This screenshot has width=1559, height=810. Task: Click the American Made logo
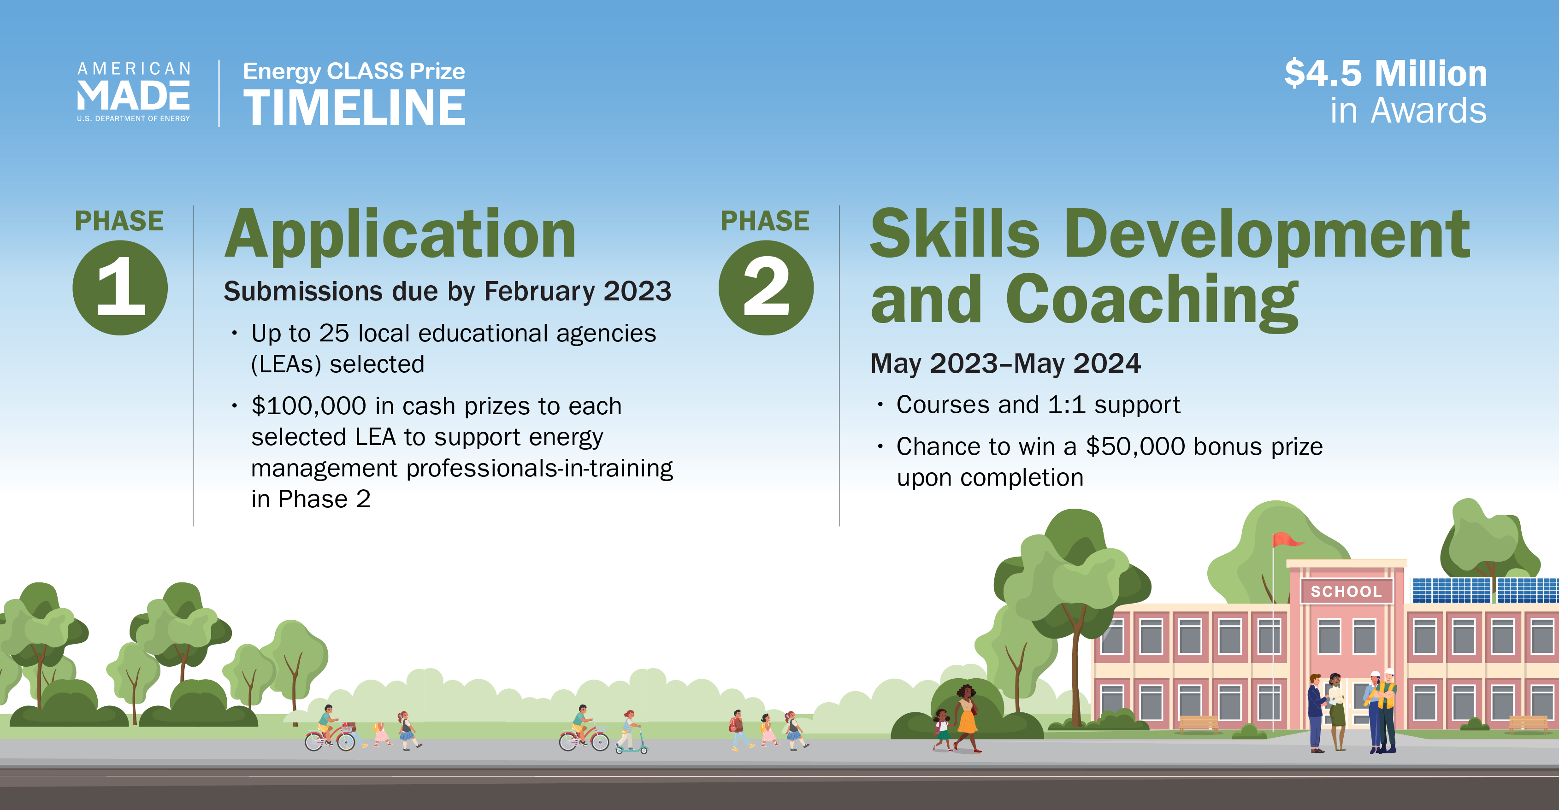pos(134,92)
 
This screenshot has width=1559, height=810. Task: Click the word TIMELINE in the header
pos(354,108)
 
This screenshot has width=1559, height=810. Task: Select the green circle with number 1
pos(120,288)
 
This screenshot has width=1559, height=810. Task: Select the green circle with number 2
pos(766,288)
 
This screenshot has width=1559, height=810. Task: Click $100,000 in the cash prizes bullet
pos(309,406)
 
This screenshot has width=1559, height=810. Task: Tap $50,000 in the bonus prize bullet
pos(1135,446)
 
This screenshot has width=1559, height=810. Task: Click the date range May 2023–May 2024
pos(1005,364)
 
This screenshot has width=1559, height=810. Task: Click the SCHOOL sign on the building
pos(1346,591)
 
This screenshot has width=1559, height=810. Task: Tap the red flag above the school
pos(1286,540)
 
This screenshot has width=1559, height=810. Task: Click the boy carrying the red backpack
pos(737,729)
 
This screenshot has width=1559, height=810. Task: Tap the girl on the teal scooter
pos(628,729)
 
